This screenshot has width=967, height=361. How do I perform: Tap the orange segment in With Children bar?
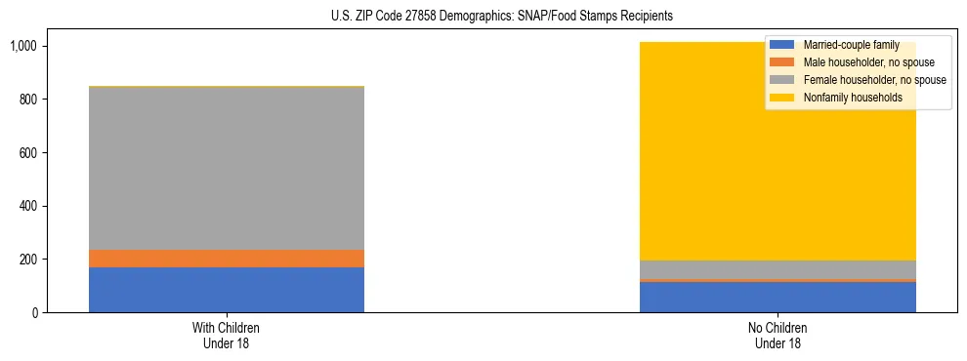coord(227,259)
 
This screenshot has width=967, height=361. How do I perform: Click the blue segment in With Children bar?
coord(227,290)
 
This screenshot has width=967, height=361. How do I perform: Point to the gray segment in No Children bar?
coord(778,269)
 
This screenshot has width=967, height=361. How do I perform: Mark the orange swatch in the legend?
coord(782,62)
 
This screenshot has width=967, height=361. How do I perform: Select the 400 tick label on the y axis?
coord(29,206)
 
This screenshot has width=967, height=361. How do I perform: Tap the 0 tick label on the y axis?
coord(37,313)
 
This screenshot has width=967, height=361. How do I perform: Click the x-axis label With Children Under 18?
coord(227,335)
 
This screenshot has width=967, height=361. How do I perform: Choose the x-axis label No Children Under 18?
coord(778,335)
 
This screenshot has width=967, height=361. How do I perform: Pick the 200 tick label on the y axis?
coord(29,260)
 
